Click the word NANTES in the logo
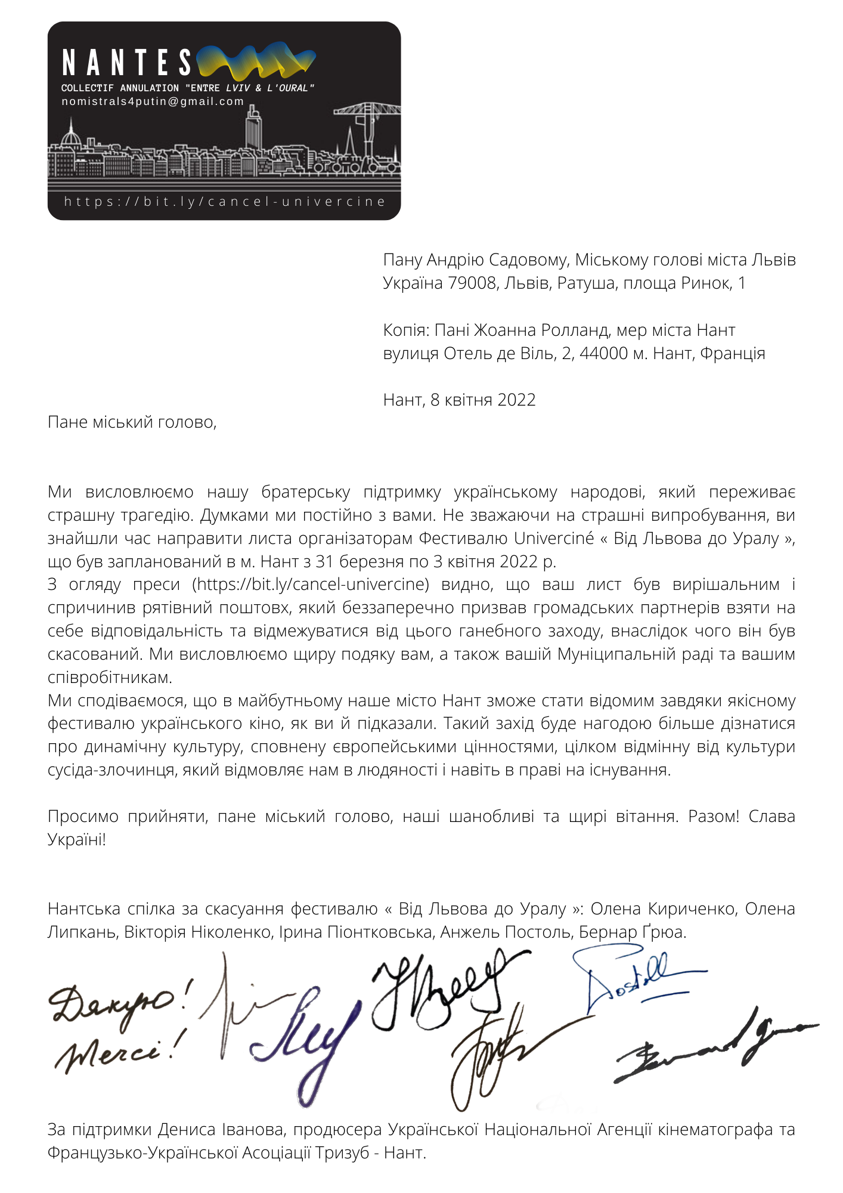pos(126,63)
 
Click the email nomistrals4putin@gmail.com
pos(153,101)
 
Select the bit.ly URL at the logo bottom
pos(225,202)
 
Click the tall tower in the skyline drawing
pos(254,128)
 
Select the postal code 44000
pos(604,353)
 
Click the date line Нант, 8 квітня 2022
pos(459,400)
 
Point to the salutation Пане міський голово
pos(132,422)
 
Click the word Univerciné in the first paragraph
pos(554,538)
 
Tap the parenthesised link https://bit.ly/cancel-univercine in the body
pos(311,585)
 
